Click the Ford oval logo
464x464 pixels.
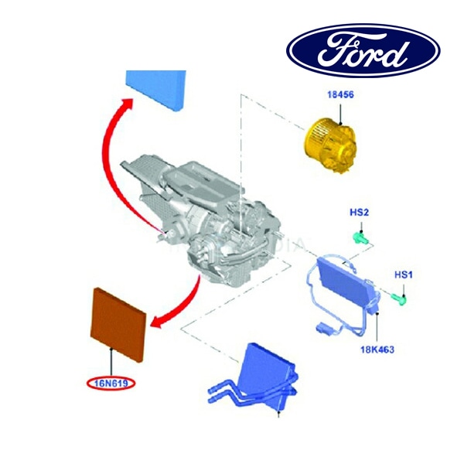coord(363,50)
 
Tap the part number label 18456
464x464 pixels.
coord(340,94)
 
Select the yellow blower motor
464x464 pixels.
coord(330,147)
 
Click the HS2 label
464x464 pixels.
coord(360,213)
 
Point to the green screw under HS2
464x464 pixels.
coord(361,237)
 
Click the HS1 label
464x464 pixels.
coord(403,275)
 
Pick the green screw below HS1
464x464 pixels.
coord(400,299)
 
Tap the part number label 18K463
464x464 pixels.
coord(377,350)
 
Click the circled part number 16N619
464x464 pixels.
coord(111,384)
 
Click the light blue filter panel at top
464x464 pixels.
coord(156,90)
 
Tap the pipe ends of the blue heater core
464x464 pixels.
coord(213,395)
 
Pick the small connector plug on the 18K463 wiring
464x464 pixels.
coord(323,328)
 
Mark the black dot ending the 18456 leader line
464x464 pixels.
coord(340,123)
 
